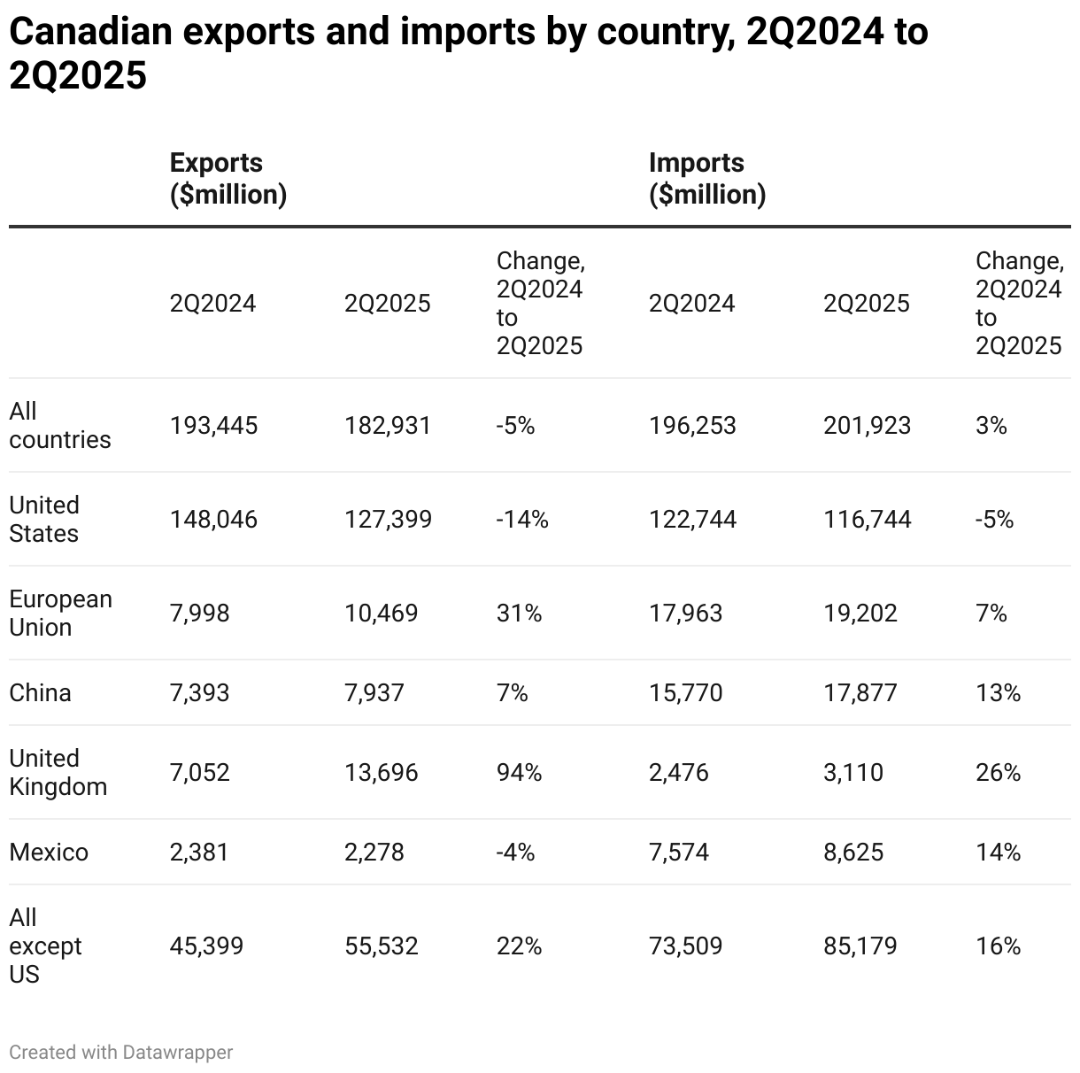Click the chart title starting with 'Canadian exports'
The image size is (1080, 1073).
pos(468,53)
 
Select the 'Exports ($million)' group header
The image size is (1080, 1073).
pos(228,178)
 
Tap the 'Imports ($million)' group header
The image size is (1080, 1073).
pos(706,178)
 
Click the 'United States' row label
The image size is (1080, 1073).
pos(44,519)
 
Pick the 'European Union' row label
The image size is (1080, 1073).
pos(60,613)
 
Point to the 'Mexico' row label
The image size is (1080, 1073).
pos(49,852)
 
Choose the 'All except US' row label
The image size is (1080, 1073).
pos(45,946)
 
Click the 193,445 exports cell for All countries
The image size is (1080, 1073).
pos(213,426)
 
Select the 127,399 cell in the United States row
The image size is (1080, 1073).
pos(388,519)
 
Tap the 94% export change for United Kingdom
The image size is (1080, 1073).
pos(519,772)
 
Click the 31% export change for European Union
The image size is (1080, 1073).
pos(519,613)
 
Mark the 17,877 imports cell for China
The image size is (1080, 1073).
pos(860,692)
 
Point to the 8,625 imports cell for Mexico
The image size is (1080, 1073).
pos(853,852)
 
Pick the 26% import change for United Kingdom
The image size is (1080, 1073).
pos(998,772)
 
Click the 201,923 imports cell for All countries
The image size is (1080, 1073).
pos(867,426)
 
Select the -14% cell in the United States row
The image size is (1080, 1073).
pos(522,519)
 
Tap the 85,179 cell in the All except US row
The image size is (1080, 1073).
pos(860,946)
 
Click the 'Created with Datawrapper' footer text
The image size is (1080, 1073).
pos(121,1052)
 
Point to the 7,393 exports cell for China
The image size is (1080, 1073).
pos(199,692)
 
